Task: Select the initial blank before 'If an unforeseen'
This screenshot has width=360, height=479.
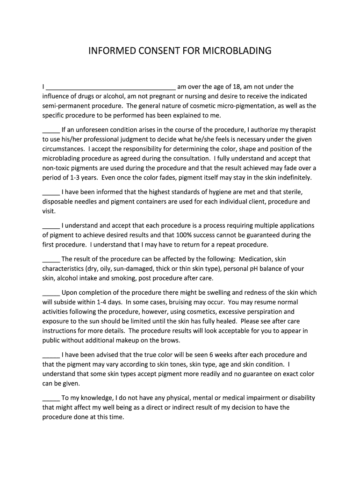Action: tap(50, 130)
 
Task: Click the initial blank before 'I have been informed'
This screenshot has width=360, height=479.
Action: tap(50, 192)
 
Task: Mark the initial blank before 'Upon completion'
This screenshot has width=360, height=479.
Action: tap(50, 293)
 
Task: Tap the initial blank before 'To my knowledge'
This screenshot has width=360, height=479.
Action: tap(50, 398)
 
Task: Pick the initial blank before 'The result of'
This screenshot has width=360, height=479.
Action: tap(50, 259)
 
